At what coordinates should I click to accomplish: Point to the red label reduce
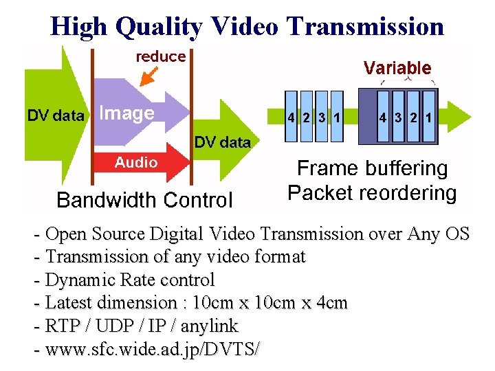point(161,57)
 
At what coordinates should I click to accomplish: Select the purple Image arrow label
point(126,113)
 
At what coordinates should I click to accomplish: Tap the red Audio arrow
point(136,163)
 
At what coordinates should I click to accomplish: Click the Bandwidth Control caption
point(144,200)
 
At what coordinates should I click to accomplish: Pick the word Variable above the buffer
point(397,68)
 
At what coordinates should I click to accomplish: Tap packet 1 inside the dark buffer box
point(428,117)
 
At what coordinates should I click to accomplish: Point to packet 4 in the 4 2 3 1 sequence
point(291,117)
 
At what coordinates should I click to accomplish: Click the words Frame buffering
point(372,169)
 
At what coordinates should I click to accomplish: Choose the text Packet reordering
point(372,193)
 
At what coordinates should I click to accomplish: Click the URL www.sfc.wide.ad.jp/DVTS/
point(153,348)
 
